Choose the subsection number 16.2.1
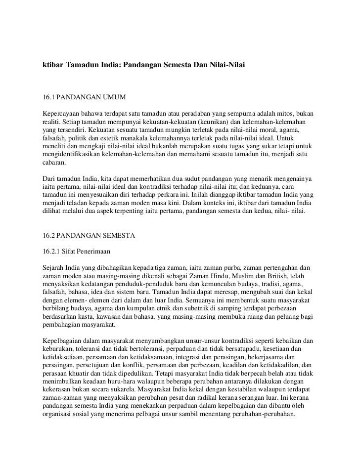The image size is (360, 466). click(x=52, y=251)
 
